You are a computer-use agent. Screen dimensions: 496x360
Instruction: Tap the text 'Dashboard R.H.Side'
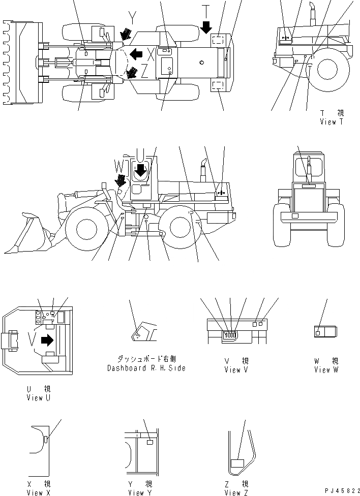point(146,368)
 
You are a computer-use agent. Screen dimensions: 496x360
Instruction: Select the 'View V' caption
point(236,370)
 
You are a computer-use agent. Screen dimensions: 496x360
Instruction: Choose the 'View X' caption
point(38,492)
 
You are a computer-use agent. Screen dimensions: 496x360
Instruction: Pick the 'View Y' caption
point(140,492)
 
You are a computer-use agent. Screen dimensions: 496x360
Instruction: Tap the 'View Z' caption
point(236,492)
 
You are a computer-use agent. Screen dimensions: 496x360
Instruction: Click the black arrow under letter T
point(206,27)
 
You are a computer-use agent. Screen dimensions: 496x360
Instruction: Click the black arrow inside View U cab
point(47,340)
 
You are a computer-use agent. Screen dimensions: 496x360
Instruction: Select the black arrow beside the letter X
point(136,53)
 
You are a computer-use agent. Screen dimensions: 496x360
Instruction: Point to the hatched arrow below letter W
point(121,180)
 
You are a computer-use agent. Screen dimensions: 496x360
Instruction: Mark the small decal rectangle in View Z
point(237,463)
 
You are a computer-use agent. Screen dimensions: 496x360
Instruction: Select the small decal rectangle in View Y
point(150,443)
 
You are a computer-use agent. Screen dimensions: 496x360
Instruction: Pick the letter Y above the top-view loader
point(132,19)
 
